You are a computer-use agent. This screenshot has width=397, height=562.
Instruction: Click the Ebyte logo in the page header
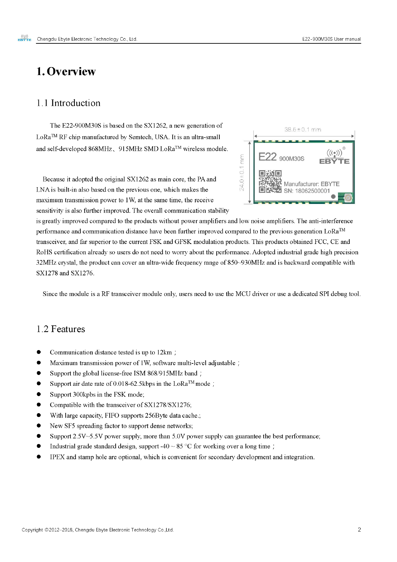tap(24, 38)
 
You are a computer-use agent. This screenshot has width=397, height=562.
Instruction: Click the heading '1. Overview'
tap(66, 71)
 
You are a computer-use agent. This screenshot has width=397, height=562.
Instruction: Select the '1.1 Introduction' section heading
tap(68, 103)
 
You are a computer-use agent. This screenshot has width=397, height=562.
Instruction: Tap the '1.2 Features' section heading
tap(61, 329)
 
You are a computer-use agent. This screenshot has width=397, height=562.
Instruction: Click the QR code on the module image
tap(270, 182)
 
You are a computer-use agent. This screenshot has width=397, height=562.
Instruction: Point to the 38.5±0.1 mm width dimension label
tap(303, 129)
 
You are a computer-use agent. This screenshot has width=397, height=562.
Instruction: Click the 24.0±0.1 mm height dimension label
tap(242, 172)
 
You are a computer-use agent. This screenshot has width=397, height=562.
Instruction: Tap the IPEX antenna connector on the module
tap(349, 198)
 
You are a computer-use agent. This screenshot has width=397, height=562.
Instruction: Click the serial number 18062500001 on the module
tap(312, 191)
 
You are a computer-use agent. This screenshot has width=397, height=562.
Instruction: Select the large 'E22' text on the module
tap(268, 157)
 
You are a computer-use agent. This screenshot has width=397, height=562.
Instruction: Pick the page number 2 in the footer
tap(359, 530)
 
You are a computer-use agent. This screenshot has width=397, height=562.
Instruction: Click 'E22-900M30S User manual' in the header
tap(331, 39)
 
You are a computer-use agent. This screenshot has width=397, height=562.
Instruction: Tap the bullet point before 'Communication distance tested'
tap(39, 352)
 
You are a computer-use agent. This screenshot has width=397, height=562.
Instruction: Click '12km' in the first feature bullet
tap(164, 352)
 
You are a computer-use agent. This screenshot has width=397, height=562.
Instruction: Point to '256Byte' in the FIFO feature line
tap(156, 415)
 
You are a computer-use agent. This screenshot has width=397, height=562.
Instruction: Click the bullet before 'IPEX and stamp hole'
tap(39, 457)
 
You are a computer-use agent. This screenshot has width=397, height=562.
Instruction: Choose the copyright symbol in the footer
tap(46, 530)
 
